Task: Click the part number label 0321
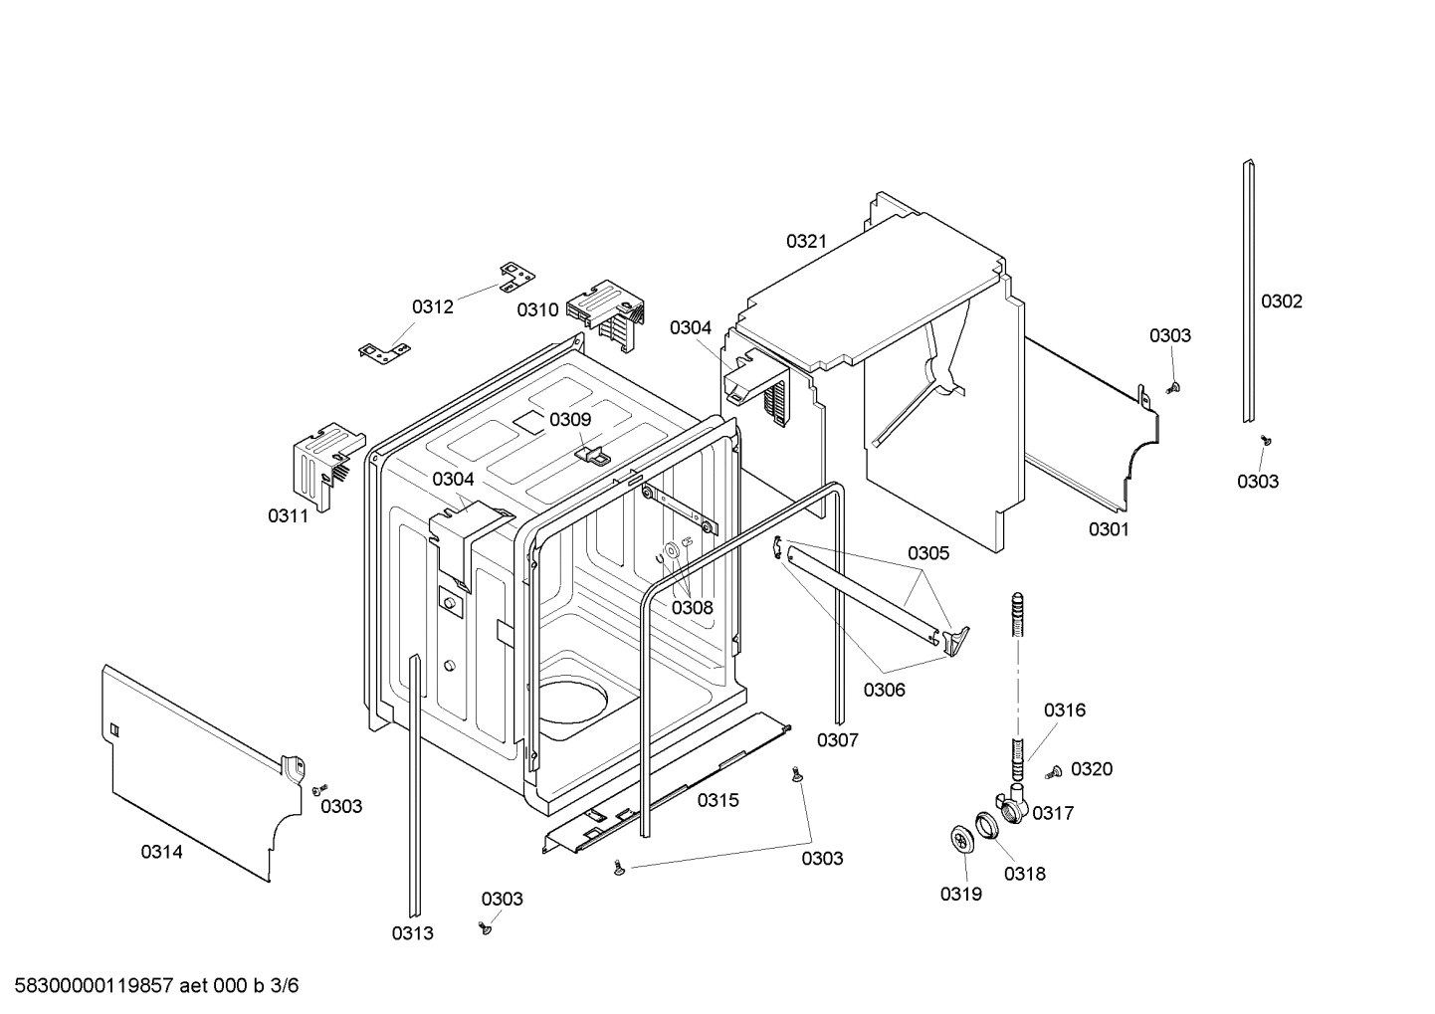tap(806, 241)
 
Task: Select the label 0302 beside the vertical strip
tap(1281, 302)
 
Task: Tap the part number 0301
tap(1109, 529)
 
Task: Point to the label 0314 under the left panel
tap(161, 852)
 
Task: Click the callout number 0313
tap(412, 933)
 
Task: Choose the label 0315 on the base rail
tap(717, 800)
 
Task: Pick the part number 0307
tap(837, 739)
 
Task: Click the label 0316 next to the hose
tap(1064, 710)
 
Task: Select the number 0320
tap(1092, 769)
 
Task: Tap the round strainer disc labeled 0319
tap(961, 840)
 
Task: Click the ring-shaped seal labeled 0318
tap(986, 825)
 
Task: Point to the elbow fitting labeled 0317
tap(1012, 804)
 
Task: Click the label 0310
tap(537, 309)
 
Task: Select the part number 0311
tap(288, 515)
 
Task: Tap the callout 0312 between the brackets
tap(433, 306)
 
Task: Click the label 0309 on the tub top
tap(570, 419)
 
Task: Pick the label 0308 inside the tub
tap(692, 607)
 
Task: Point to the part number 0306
tap(884, 689)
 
